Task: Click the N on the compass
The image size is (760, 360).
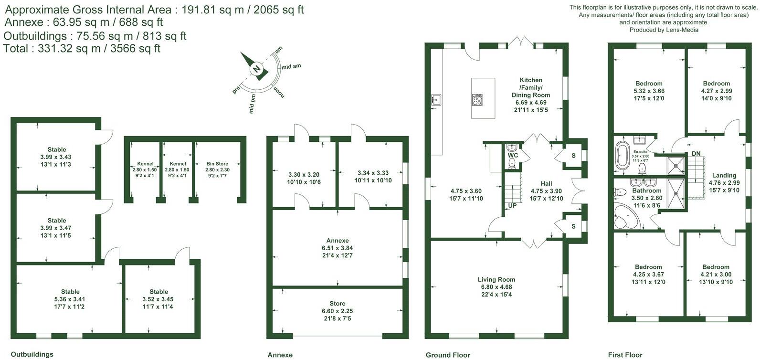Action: pyautogui.click(x=257, y=69)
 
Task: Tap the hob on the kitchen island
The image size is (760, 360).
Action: pyautogui.click(x=477, y=99)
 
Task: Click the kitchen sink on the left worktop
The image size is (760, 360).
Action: pyautogui.click(x=435, y=100)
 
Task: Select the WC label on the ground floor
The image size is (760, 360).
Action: pyautogui.click(x=513, y=156)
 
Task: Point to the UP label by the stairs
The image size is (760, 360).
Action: pyautogui.click(x=512, y=206)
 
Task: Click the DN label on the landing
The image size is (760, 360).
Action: pyautogui.click(x=696, y=153)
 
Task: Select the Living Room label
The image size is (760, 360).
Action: pyautogui.click(x=496, y=280)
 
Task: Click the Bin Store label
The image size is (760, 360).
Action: pyautogui.click(x=217, y=164)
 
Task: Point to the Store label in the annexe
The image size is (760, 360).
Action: pyautogui.click(x=337, y=303)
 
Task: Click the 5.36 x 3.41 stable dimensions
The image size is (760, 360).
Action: pyautogui.click(x=70, y=299)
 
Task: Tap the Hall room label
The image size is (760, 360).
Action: pyautogui.click(x=546, y=183)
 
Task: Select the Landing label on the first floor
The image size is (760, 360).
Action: pyautogui.click(x=724, y=175)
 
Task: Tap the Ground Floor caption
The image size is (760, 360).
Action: pyautogui.click(x=448, y=355)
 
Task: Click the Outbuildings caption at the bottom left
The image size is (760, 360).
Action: pyautogui.click(x=32, y=354)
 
